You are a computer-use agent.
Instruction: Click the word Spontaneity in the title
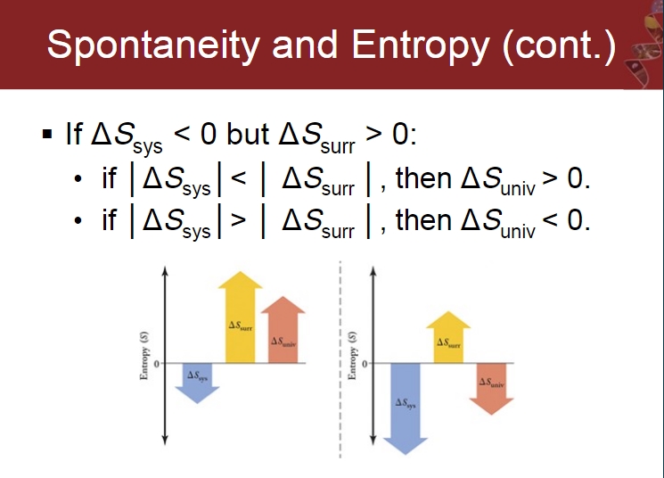[153, 45]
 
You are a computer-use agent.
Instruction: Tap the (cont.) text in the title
[559, 45]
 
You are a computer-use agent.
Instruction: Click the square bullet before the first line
[47, 134]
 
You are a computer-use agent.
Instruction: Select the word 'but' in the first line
[248, 134]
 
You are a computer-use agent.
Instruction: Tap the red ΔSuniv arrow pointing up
[283, 330]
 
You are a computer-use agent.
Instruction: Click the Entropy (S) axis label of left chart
[144, 356]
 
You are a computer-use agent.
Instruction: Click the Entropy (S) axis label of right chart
[352, 356]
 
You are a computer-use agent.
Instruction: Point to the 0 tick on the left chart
[157, 364]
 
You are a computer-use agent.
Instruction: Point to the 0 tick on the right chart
[365, 364]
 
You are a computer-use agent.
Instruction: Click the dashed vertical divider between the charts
[340, 359]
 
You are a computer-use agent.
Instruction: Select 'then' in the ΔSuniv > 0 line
[423, 178]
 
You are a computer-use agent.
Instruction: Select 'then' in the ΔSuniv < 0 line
[423, 221]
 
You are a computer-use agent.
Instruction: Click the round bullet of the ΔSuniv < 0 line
[78, 221]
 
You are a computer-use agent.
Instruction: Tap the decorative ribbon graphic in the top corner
[644, 45]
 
